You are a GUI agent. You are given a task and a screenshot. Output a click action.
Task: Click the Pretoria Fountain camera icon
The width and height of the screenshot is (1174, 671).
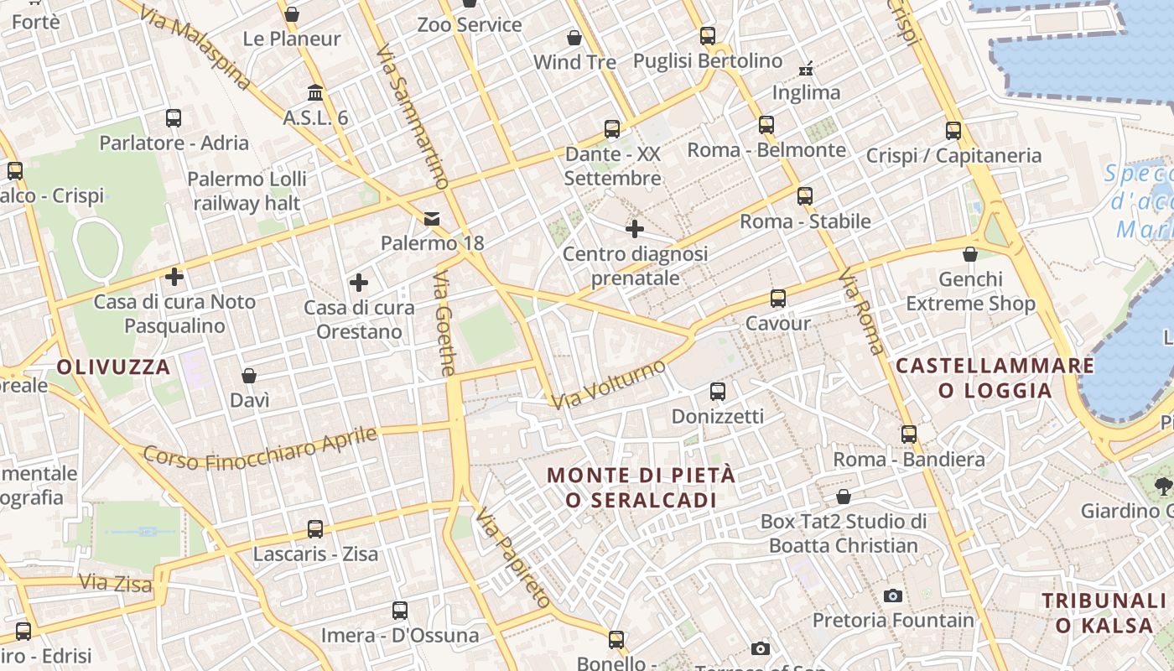tap(893, 596)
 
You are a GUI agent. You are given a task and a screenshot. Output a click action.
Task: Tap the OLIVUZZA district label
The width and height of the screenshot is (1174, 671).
tap(114, 367)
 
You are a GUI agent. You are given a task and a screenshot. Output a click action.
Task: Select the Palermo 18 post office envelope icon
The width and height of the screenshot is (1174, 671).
tap(432, 219)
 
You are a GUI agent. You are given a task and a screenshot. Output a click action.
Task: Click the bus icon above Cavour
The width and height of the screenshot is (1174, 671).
tap(778, 299)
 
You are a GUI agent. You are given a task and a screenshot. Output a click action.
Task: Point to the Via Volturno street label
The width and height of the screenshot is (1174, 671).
tap(609, 384)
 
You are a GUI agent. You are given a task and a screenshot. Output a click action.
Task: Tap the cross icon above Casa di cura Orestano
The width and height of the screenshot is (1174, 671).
tap(359, 283)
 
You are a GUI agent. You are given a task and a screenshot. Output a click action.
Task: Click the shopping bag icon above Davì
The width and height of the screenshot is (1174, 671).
tap(249, 376)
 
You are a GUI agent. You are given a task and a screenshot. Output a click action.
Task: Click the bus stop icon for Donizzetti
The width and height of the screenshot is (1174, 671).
tap(717, 392)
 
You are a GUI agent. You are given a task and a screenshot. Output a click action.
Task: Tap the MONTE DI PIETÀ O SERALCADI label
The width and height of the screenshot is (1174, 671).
tap(641, 487)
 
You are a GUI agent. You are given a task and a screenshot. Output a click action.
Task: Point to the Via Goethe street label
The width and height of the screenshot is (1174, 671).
tap(445, 323)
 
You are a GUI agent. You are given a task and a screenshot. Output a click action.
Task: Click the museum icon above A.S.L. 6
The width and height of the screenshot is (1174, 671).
tap(315, 92)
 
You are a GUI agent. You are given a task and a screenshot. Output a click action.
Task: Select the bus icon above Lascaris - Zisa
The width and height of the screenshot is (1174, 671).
tap(315, 529)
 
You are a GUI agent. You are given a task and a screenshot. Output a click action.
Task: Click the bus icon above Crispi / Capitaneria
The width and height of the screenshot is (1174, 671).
tap(953, 131)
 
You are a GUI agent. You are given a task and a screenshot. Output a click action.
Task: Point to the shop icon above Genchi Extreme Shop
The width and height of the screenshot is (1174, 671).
tap(970, 254)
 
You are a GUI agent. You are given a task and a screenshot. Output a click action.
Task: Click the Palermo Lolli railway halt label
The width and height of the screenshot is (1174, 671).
tap(247, 190)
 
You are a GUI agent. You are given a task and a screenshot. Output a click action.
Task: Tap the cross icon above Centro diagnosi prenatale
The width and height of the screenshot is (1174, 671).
tap(635, 228)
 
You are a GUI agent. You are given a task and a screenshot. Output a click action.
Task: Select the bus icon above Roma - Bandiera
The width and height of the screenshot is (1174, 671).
tap(909, 434)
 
